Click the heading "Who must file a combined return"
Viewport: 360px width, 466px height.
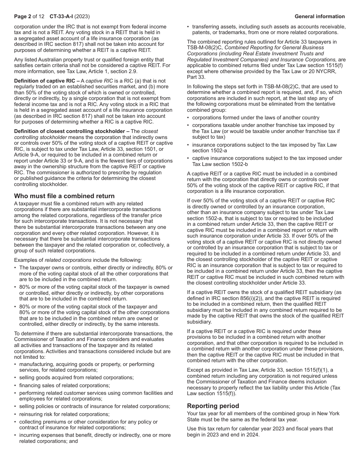click(64, 196)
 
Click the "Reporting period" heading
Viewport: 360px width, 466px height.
click(211, 405)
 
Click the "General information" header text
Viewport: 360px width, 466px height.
click(319, 16)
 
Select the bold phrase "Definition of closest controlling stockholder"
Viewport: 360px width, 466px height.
click(70, 131)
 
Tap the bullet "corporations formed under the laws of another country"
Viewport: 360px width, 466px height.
click(255, 117)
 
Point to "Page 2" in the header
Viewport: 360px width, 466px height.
click(22, 16)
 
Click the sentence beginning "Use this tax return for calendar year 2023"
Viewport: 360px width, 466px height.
click(260, 428)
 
